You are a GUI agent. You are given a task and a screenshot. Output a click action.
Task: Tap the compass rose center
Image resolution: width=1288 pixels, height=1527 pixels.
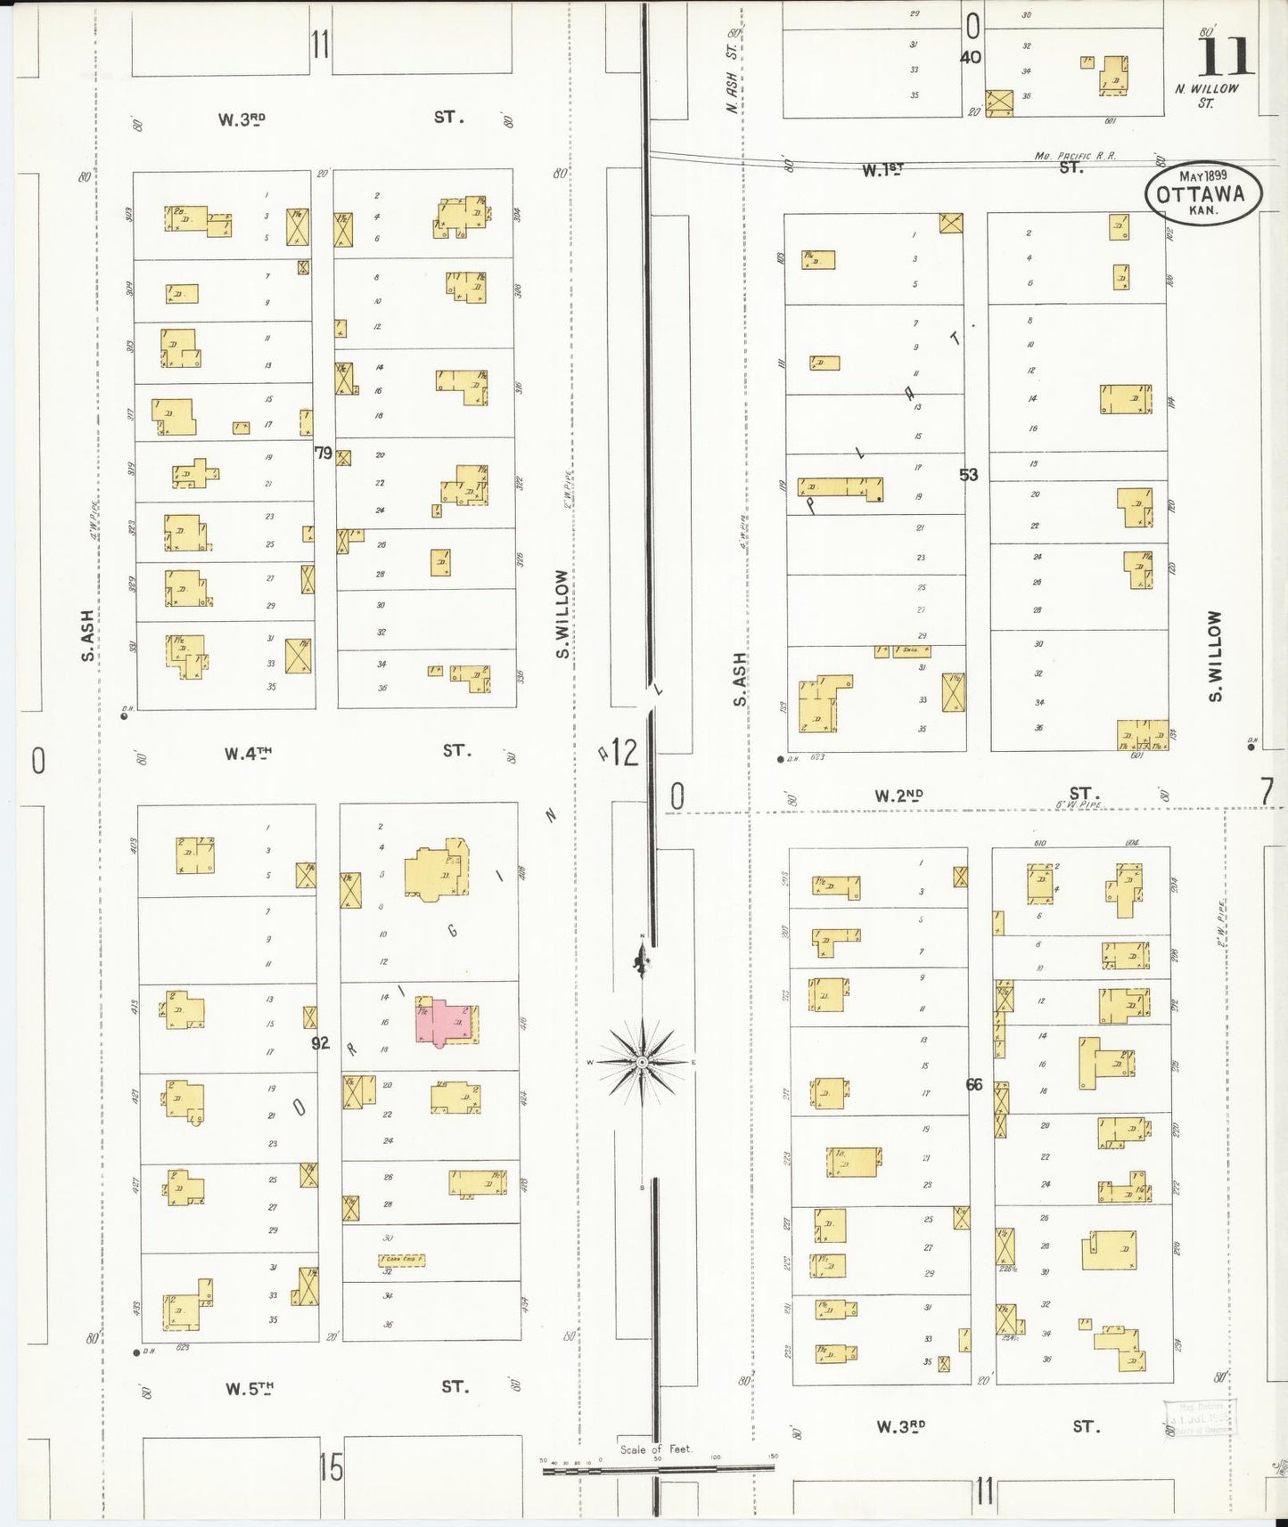click(642, 1062)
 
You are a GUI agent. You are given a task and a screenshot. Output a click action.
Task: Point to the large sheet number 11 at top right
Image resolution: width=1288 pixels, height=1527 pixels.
click(1226, 58)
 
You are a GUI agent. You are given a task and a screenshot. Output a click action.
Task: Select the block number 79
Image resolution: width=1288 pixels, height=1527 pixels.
click(323, 453)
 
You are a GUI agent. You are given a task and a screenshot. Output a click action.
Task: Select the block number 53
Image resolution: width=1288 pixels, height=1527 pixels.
click(969, 475)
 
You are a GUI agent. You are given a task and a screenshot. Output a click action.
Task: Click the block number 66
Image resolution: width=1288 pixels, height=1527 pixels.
click(973, 1084)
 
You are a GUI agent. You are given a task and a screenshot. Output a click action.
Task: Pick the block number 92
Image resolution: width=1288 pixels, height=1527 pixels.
click(320, 1042)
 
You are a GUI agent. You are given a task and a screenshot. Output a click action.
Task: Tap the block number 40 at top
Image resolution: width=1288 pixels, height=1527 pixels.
click(971, 57)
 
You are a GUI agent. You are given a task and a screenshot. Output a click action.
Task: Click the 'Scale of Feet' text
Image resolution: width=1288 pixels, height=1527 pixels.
click(657, 1449)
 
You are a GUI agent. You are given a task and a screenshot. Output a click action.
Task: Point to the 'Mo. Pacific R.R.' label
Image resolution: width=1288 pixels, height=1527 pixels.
click(1075, 156)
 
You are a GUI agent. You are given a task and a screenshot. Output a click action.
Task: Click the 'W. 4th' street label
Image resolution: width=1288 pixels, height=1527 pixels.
click(247, 754)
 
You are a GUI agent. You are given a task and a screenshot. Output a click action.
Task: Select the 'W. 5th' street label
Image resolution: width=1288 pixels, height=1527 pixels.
click(249, 1388)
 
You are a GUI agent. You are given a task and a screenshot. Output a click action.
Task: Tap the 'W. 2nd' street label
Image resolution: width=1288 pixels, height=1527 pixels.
click(898, 796)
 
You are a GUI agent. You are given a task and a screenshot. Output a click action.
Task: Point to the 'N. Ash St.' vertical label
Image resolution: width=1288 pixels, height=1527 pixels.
click(733, 71)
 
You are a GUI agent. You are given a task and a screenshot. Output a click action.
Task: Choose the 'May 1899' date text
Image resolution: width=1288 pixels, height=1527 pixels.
click(1203, 176)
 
